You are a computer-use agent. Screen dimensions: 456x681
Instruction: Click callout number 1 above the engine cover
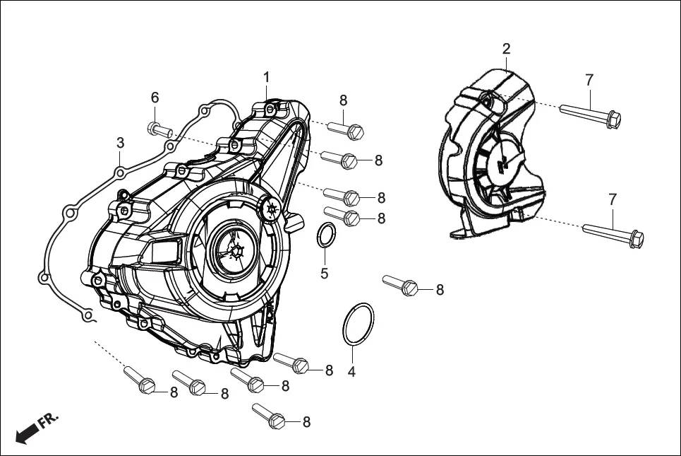267,77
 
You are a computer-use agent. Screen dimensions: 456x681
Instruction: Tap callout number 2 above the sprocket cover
506,49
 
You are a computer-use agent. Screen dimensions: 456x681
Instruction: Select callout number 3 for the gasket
121,143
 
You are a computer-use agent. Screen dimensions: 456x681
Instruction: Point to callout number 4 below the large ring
351,370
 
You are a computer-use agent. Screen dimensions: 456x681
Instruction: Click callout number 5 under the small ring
324,273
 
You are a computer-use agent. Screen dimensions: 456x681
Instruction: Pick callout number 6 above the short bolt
155,98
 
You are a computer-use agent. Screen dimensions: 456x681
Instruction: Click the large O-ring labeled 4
358,325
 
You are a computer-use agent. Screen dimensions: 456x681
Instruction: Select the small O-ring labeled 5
325,236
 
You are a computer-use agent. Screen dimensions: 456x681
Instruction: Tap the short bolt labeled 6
160,129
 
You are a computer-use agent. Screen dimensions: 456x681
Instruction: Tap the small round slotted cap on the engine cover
270,209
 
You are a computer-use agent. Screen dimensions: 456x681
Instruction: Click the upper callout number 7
589,81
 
